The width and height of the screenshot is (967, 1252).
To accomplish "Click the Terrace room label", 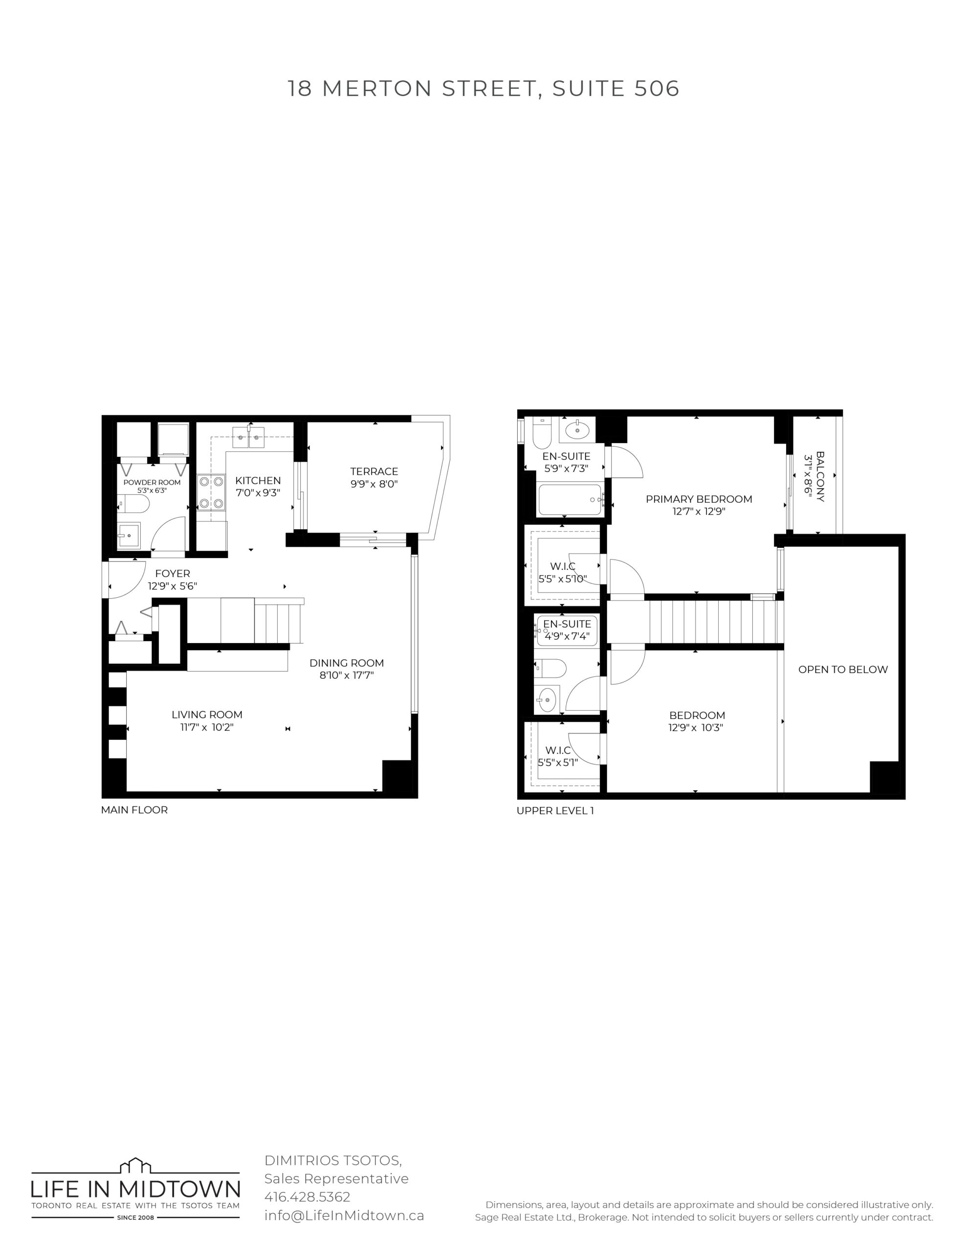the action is [x=374, y=471].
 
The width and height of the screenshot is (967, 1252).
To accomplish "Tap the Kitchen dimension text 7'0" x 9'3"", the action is [x=258, y=492].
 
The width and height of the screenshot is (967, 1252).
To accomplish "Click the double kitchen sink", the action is [x=249, y=437].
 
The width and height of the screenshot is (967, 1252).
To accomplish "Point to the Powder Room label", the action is [x=152, y=482].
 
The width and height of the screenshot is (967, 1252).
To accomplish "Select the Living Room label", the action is [x=207, y=715].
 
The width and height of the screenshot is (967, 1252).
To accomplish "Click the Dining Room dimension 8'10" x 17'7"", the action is [x=347, y=675].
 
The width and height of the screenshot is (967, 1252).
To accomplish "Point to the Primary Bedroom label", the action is [x=699, y=499].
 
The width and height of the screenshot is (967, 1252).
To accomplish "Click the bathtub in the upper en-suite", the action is [x=569, y=499].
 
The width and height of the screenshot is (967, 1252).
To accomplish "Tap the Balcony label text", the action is [x=820, y=476].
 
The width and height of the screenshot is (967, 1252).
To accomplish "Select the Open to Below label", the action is [x=843, y=669].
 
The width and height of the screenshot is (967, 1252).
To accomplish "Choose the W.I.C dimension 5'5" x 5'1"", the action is [x=558, y=762].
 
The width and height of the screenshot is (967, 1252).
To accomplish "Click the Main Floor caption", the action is [x=134, y=810].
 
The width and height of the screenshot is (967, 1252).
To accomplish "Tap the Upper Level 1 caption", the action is [x=555, y=810].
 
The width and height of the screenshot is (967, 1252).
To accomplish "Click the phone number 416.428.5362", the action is [x=307, y=1197].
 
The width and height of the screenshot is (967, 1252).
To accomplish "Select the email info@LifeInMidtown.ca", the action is [x=344, y=1215].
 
